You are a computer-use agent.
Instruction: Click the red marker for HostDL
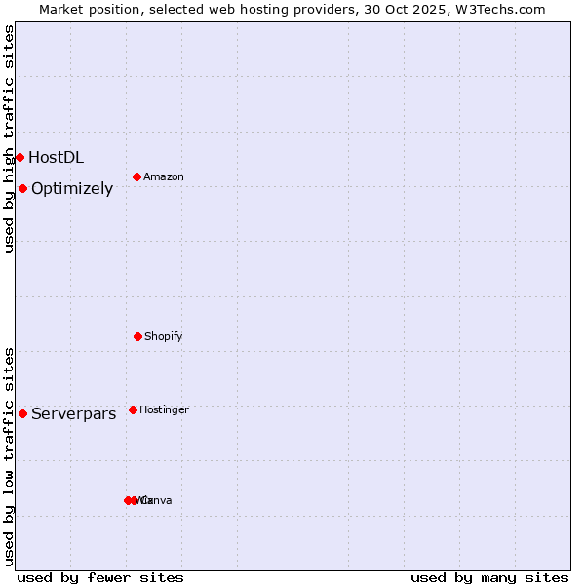19,157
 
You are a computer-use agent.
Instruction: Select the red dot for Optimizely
22,188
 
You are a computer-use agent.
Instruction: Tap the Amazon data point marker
136,176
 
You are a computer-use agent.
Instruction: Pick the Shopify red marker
137,336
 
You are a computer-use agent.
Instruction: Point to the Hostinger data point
133,409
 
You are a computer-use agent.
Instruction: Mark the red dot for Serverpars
22,413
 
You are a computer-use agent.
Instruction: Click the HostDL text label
56,157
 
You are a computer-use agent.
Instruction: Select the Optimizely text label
72,188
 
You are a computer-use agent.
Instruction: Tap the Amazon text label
164,176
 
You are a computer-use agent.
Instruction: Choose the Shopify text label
164,336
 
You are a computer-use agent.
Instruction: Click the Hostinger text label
164,409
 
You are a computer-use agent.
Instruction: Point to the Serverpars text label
73,413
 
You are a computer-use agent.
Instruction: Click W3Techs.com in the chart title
504,9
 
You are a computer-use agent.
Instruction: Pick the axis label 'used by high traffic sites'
9,138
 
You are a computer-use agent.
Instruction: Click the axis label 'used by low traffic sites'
9,456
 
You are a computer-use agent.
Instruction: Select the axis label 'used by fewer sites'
100,577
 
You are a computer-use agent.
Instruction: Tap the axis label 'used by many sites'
489,577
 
